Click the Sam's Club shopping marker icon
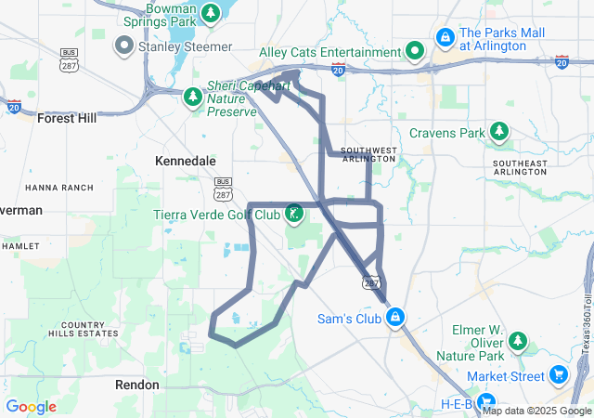pyautogui.click(x=395, y=318)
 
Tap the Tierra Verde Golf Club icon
pyautogui.click(x=293, y=215)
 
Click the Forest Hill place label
pyautogui.click(x=66, y=118)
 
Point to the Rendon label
pyautogui.click(x=137, y=384)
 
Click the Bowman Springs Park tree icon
pyautogui.click(x=212, y=13)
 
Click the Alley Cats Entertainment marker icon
pyautogui.click(x=417, y=52)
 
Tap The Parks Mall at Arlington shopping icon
pyautogui.click(x=445, y=38)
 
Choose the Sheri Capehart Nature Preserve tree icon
pyautogui.click(x=193, y=96)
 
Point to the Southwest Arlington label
pyautogui.click(x=368, y=154)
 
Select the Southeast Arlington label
pyautogui.click(x=521, y=166)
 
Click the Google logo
pyautogui.click(x=31, y=407)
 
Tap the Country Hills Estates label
pyautogui.click(x=89, y=330)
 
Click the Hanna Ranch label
pyautogui.click(x=59, y=188)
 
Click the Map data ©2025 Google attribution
pyautogui.click(x=537, y=411)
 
